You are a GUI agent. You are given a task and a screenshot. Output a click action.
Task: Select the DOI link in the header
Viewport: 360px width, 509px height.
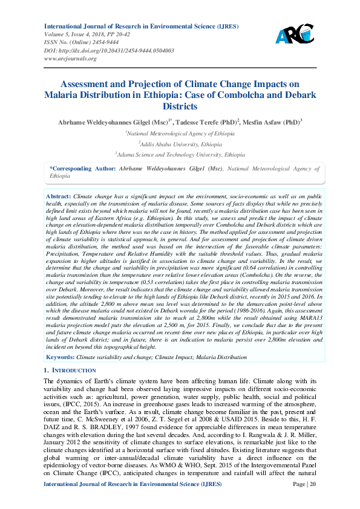pos(110,51)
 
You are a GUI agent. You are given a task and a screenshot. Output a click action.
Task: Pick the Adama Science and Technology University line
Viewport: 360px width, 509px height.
pos(180,155)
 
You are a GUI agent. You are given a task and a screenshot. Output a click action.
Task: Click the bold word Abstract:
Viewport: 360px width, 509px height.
pos(59,197)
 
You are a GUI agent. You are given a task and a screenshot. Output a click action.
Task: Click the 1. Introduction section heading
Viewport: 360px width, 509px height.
pos(70,370)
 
